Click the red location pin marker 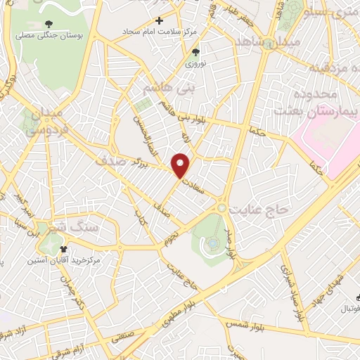tap(181, 165)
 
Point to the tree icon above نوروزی tap(196, 51)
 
